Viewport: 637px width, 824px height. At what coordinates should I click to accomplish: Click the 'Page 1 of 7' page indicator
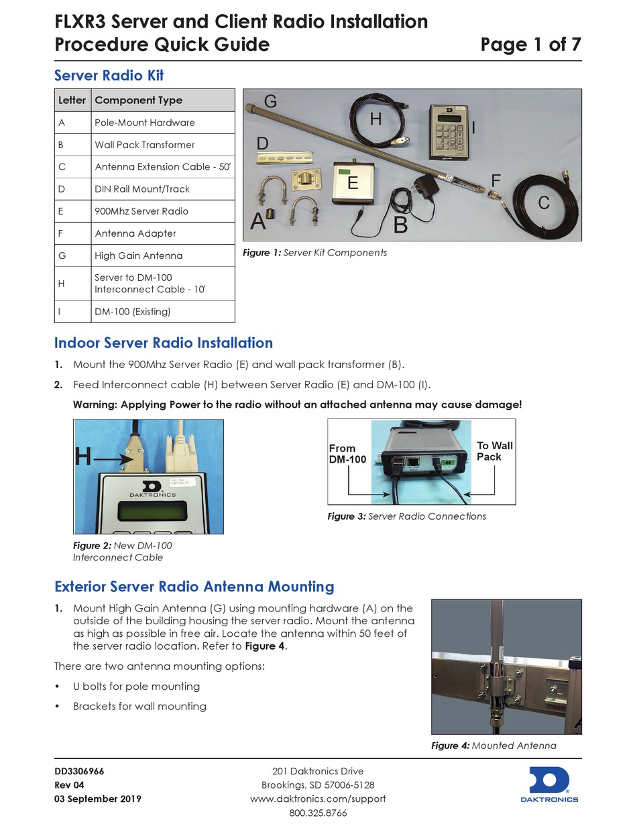[x=530, y=45]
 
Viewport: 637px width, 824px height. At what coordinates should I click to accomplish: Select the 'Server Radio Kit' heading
[x=109, y=75]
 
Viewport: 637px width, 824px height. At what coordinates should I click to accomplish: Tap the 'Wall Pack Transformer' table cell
[x=144, y=145]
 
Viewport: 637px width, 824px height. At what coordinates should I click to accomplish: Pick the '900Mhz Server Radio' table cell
[x=141, y=211]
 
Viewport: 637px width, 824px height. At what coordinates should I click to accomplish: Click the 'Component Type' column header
[x=138, y=100]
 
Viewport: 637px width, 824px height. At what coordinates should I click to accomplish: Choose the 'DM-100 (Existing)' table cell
[x=133, y=311]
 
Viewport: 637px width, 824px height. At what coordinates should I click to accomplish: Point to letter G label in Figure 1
[x=270, y=102]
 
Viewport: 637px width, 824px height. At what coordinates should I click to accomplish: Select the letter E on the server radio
[x=353, y=182]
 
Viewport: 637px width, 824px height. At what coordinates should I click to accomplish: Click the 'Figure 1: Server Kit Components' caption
[x=314, y=253]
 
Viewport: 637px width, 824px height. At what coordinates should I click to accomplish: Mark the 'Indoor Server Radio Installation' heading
[x=163, y=343]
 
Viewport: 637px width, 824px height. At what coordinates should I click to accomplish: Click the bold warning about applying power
[x=296, y=404]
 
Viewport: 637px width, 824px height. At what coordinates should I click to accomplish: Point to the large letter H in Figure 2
[x=83, y=457]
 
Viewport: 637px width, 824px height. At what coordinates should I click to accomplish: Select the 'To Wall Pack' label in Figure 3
[x=494, y=451]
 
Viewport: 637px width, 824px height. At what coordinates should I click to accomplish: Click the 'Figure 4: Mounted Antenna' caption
[x=493, y=746]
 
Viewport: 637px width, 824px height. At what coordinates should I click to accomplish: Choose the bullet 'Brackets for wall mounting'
[x=139, y=706]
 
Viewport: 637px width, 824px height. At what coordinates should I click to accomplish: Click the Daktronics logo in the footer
[x=549, y=784]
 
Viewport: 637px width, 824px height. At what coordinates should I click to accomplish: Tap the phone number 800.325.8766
[x=318, y=813]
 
